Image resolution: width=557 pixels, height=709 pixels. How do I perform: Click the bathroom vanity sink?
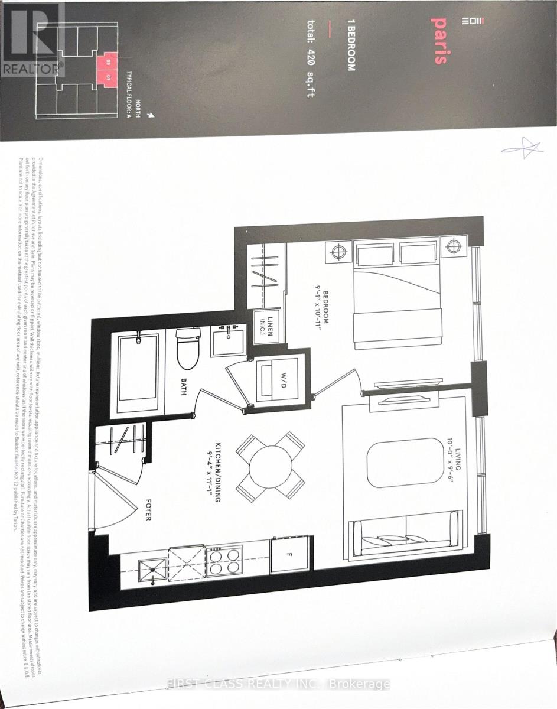[229, 340]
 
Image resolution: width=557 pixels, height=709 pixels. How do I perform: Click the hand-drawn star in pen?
[522, 147]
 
